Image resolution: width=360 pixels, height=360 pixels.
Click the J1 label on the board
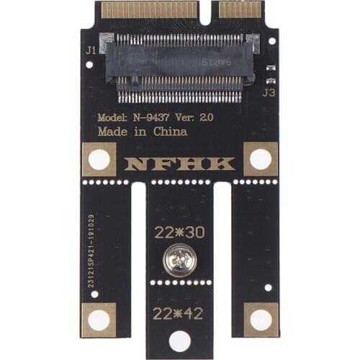pos(91,50)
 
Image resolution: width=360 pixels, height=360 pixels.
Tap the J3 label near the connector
pos(269,92)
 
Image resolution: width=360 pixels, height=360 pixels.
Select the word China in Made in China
pos(170,132)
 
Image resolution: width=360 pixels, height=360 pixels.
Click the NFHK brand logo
pos(179,163)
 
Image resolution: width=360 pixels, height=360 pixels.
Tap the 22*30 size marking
pos(179,233)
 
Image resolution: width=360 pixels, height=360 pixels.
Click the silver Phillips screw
pos(179,260)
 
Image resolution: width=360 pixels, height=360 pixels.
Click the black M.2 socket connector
pos(179,67)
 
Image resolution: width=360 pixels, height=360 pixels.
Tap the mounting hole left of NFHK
pos(99,160)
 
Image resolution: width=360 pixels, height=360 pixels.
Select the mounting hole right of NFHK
pos(260,159)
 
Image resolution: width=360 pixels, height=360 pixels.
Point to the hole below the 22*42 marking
pos(179,341)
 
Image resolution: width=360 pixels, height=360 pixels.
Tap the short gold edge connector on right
pos(240,9)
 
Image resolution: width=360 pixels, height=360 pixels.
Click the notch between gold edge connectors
pos(210,10)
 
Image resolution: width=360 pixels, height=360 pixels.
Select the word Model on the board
pos(112,117)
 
